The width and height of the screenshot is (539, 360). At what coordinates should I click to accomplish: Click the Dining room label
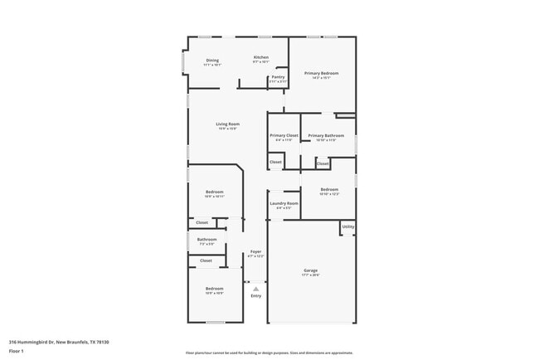pos(213,61)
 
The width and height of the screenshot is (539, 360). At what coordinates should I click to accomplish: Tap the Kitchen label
pos(261,57)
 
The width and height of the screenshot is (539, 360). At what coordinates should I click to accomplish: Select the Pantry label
pos(278,77)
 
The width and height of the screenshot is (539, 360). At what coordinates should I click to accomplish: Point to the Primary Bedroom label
pos(321,74)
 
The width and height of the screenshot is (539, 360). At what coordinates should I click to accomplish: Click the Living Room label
pos(228,124)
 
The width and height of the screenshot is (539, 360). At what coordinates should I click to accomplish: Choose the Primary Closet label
pos(284,135)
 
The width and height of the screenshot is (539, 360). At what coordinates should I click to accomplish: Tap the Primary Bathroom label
pos(326,135)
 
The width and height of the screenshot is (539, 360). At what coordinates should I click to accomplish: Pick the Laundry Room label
pos(283,202)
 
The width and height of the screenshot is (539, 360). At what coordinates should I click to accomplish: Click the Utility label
pos(348,226)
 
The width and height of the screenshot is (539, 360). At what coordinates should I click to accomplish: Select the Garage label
pos(311,270)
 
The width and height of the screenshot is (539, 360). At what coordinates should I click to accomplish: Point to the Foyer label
pos(256,252)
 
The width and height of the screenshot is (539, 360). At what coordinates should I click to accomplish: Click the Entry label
pos(256,296)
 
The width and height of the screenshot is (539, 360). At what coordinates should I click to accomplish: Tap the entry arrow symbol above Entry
pos(256,288)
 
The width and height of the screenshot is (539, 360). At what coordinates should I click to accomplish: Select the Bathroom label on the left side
pos(206,240)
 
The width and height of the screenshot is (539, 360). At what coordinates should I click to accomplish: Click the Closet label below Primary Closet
pos(275,162)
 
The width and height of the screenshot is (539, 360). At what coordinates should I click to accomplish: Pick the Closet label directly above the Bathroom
pos(202,222)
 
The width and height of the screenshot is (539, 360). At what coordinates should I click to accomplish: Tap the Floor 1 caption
pos(17,352)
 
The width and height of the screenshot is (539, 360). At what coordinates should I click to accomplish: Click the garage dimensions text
pos(311,275)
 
